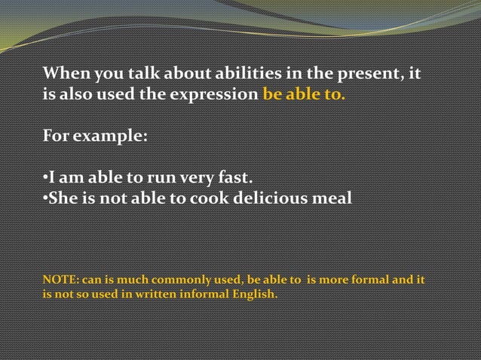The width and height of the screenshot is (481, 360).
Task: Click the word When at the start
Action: click(63, 75)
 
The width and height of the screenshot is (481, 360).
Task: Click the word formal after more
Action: click(375, 280)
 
